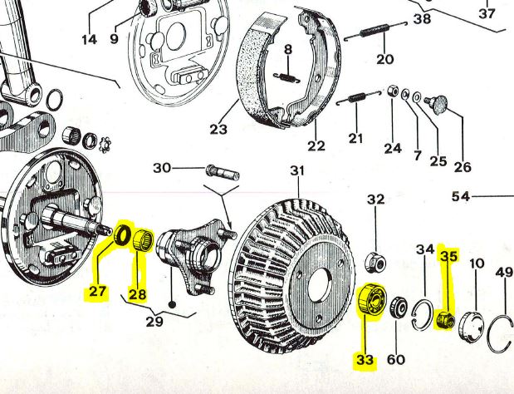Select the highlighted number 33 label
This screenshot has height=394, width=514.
(365, 360)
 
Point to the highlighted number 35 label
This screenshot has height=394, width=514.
(448, 257)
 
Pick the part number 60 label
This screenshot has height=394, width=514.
(397, 359)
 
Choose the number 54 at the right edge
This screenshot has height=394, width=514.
(462, 197)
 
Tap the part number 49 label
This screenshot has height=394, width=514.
(504, 273)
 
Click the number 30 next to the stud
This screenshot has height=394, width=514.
(162, 168)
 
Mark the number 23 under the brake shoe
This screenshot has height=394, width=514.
(218, 129)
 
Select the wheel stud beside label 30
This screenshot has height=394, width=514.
(222, 172)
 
